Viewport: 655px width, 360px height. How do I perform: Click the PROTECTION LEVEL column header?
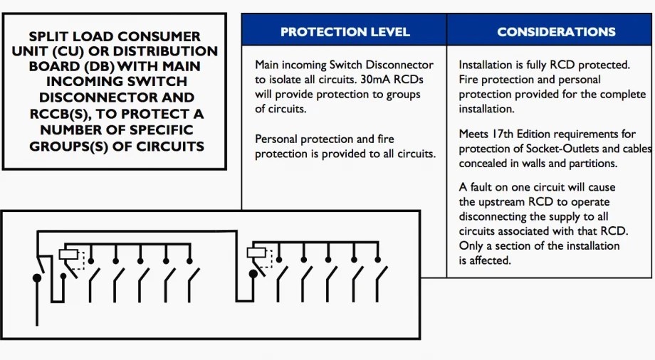(x=345, y=31)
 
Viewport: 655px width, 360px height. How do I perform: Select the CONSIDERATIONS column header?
(x=556, y=31)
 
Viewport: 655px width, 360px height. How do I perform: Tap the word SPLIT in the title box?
(x=49, y=36)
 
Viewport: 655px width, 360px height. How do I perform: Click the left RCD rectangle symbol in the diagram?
(x=68, y=254)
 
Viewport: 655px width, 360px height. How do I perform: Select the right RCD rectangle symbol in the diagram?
(x=256, y=252)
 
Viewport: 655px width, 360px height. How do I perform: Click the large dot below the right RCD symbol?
(x=253, y=274)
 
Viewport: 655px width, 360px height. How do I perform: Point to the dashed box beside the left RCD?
(x=79, y=261)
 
